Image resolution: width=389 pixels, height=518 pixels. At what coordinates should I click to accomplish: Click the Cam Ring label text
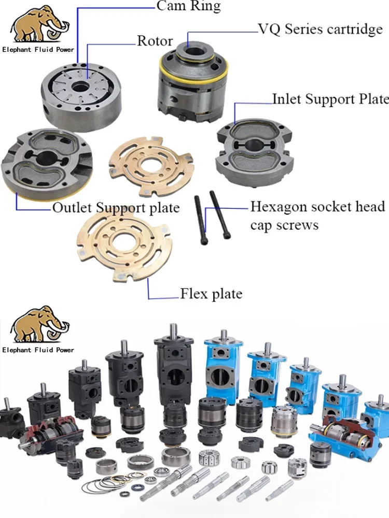coord(188,6)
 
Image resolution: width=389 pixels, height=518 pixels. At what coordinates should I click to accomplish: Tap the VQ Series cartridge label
coord(320,29)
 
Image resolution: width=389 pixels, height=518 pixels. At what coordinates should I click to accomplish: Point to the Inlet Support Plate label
coord(330,98)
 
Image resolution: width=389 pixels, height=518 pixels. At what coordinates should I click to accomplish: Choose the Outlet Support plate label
coord(116,208)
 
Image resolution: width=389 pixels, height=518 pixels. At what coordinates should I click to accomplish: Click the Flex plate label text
coord(211,294)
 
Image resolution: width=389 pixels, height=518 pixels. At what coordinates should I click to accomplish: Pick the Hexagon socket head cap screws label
coord(317,216)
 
